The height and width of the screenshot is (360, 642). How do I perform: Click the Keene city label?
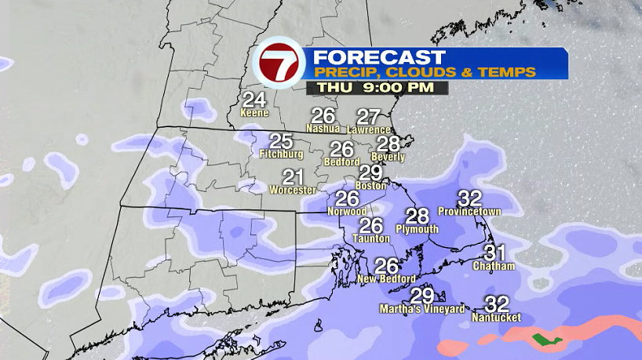pyautogui.click(x=254, y=113)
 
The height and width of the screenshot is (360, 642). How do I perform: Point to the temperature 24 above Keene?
pyautogui.click(x=254, y=100)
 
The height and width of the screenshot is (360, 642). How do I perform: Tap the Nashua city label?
pyautogui.click(x=323, y=128)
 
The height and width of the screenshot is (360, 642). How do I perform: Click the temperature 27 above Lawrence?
pyautogui.click(x=368, y=117)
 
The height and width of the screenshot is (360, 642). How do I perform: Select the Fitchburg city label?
pyautogui.click(x=280, y=155)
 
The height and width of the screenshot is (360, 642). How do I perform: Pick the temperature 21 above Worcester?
pyautogui.click(x=293, y=177)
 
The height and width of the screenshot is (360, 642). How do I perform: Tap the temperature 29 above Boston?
pyautogui.click(x=370, y=173)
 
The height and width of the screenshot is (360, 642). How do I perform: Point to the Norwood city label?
pyautogui.click(x=347, y=212)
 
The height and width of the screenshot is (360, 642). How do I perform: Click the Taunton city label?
pyautogui.click(x=370, y=239)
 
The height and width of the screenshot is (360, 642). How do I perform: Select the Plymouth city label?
pyautogui.click(x=417, y=229)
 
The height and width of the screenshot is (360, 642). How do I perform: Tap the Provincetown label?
pyautogui.click(x=469, y=212)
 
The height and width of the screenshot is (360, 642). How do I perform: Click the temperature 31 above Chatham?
pyautogui.click(x=494, y=253)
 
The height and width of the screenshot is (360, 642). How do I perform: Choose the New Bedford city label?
pyautogui.click(x=386, y=279)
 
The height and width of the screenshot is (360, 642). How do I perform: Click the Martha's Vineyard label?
pyautogui.click(x=422, y=309)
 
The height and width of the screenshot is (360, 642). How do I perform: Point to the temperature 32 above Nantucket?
pyautogui.click(x=497, y=304)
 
